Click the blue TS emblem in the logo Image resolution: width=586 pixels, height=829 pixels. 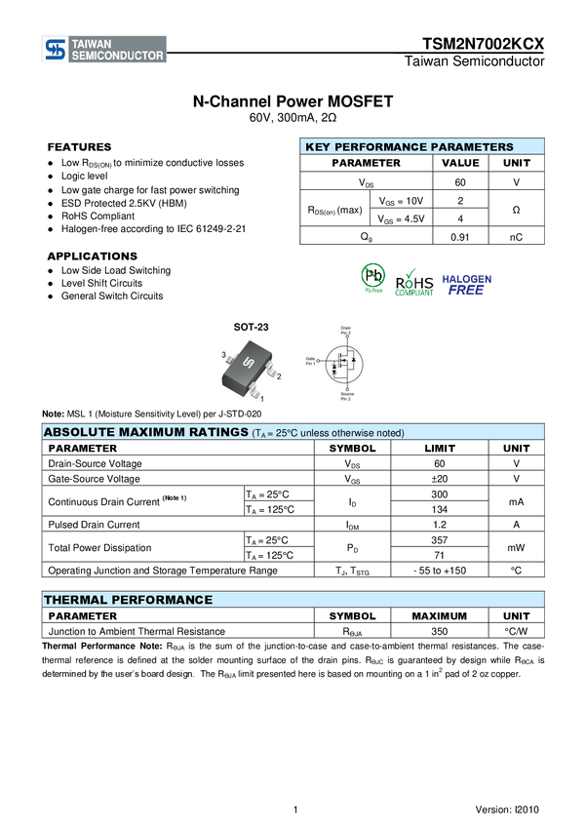pyautogui.click(x=56, y=50)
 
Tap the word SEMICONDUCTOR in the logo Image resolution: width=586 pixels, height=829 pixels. pyautogui.click(x=118, y=57)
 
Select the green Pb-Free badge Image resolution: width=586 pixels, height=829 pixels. pyautogui.click(x=372, y=279)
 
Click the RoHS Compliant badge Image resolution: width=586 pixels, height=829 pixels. pyautogui.click(x=414, y=280)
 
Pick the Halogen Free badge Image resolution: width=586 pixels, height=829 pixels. pyautogui.click(x=467, y=284)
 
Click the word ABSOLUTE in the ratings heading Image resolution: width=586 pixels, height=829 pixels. pyautogui.click(x=81, y=432)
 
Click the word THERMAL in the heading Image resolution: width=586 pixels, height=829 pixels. pyautogui.click(x=73, y=600)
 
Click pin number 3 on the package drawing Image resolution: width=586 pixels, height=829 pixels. pyautogui.click(x=224, y=355)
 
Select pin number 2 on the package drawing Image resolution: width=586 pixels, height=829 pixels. pyautogui.click(x=279, y=375)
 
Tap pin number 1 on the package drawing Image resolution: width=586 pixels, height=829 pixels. pyautogui.click(x=261, y=400)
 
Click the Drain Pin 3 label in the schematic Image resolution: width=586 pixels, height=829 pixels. pyautogui.click(x=345, y=330)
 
